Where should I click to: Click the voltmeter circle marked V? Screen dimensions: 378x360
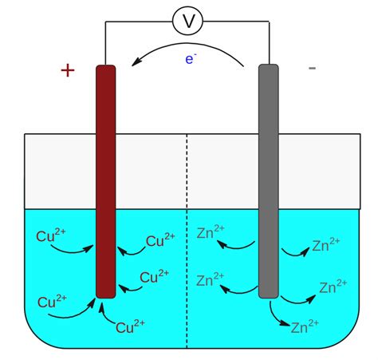(x=187, y=21)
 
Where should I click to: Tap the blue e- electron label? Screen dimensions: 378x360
(x=191, y=58)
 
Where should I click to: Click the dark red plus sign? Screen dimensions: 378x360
(x=68, y=70)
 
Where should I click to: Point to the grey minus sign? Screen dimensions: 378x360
(x=312, y=69)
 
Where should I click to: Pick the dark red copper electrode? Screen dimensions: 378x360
(x=106, y=181)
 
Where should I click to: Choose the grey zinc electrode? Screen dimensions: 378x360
(x=269, y=181)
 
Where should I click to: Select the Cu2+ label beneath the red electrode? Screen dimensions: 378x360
(x=130, y=326)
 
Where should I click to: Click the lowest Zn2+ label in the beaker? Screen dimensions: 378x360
(x=305, y=326)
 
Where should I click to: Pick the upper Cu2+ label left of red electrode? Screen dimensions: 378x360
(x=51, y=235)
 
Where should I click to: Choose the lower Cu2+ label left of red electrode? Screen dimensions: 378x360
(x=52, y=302)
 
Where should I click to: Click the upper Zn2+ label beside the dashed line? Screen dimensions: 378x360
(x=211, y=232)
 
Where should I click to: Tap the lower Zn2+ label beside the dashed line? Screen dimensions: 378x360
(x=211, y=279)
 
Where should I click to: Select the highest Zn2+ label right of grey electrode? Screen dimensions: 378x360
(x=326, y=245)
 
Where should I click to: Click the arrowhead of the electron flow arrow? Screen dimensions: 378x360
(x=136, y=63)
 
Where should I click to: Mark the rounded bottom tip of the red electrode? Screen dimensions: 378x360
(x=106, y=298)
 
